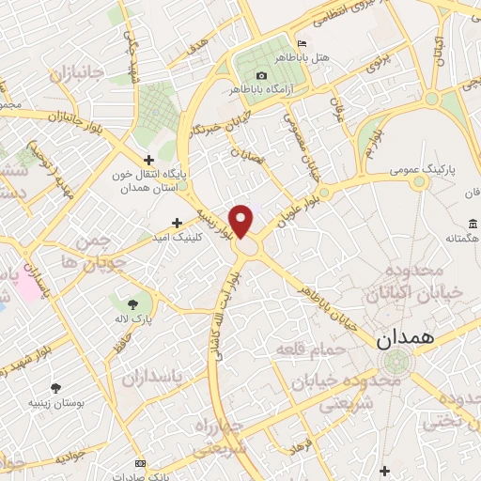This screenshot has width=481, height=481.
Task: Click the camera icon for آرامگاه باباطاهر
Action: pos(261,75)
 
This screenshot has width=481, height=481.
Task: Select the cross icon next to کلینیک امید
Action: pos(177,223)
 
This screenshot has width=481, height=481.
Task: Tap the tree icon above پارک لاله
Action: pos(132,303)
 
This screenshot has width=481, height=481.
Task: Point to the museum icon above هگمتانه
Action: pos(471,224)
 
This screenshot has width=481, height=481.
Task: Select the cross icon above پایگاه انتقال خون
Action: pos(148,161)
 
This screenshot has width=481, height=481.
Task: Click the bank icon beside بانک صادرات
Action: pos(140,464)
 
